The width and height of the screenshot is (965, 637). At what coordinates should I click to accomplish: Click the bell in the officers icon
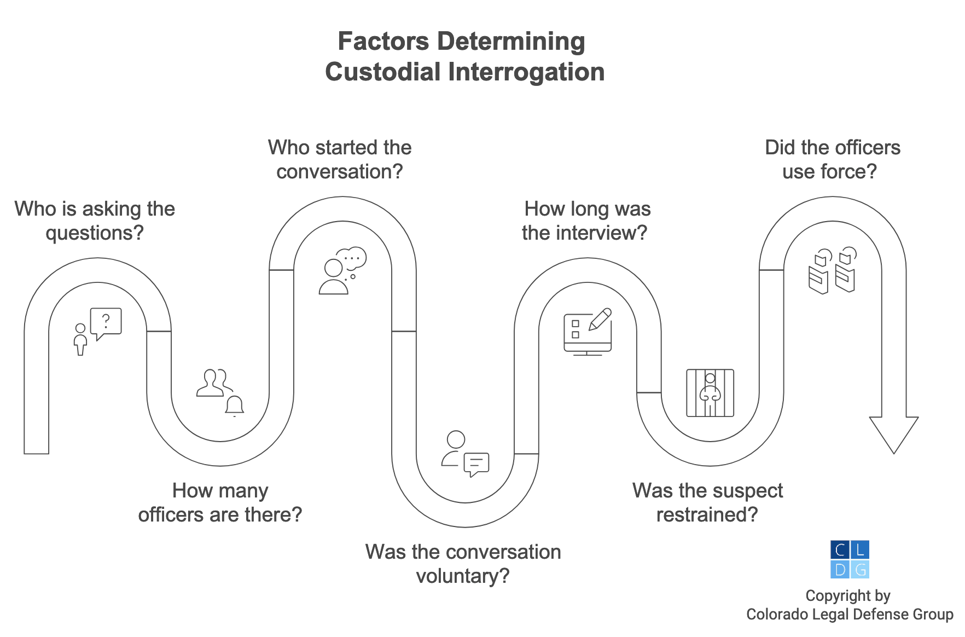[x=235, y=406]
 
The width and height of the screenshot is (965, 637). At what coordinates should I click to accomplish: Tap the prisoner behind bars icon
[x=710, y=392]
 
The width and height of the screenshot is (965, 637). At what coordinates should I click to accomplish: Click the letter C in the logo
[x=840, y=550]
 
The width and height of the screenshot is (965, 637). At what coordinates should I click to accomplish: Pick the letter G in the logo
[x=860, y=570]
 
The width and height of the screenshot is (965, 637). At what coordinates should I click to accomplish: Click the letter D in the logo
[x=840, y=570]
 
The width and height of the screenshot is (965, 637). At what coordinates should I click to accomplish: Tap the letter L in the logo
[x=860, y=550]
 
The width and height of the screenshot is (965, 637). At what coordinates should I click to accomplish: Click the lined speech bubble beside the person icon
[x=476, y=464]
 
